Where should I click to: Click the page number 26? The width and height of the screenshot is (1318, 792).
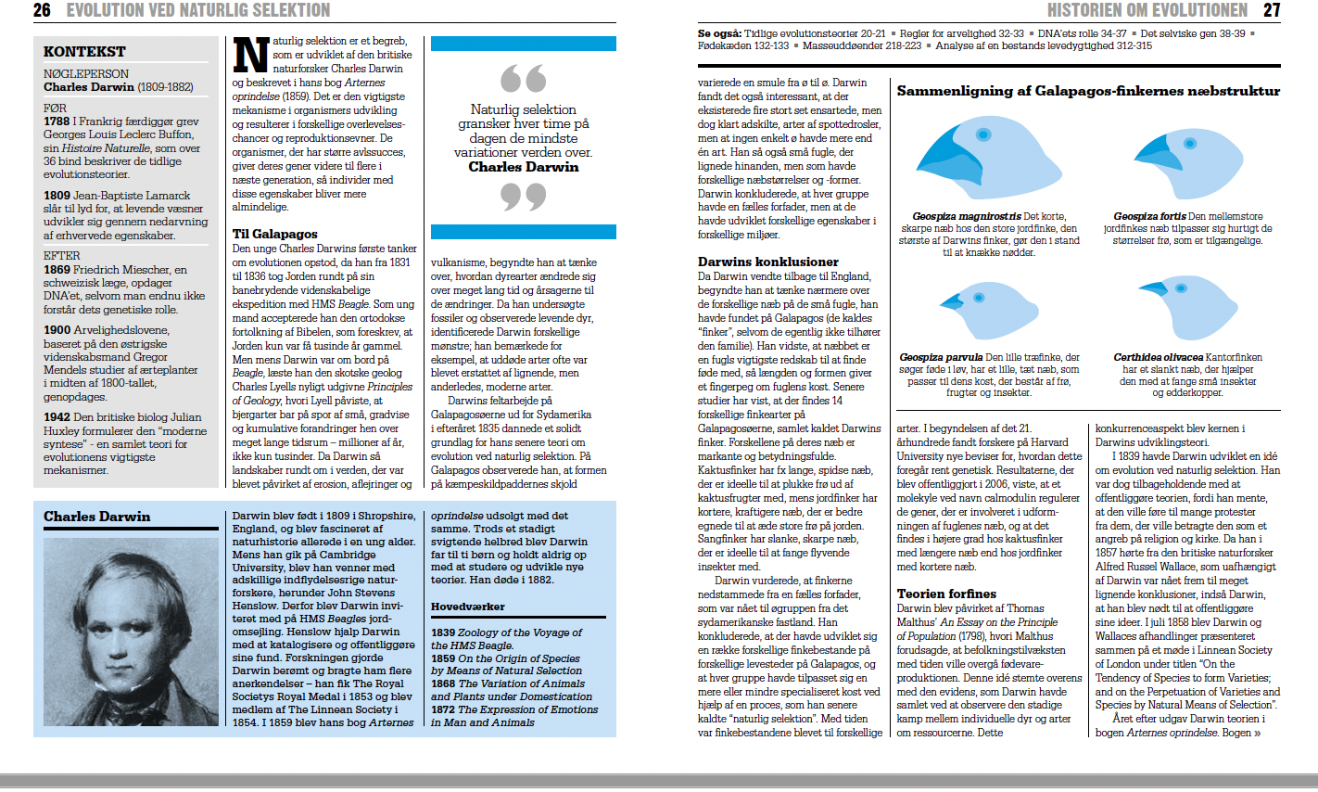tap(42, 10)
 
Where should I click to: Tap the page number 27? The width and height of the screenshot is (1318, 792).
tap(1272, 10)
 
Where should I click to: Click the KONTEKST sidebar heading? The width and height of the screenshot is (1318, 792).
tap(84, 52)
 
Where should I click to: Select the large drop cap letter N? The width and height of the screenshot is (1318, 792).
tap(250, 55)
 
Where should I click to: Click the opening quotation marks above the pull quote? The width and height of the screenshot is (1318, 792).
tap(523, 79)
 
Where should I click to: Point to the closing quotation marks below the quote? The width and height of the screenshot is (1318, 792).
tap(523, 196)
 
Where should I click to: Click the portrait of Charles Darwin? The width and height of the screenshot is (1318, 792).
tap(131, 631)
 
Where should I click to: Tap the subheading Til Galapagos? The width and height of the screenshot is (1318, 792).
tap(274, 235)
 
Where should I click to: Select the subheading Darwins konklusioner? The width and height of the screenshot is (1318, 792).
tap(767, 262)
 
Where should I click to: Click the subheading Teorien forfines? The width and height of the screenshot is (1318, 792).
tap(946, 594)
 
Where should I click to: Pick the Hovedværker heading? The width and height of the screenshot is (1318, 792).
tap(467, 607)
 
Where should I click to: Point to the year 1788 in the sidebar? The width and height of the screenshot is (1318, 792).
tap(57, 121)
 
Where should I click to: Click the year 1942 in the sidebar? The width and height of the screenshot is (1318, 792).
tap(57, 417)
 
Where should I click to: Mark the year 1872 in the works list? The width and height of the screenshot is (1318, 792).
tap(443, 709)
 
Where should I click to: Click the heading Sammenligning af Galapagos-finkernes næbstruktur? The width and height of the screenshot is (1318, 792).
tap(1088, 91)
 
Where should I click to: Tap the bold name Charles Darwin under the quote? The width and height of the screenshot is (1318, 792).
tap(523, 167)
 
